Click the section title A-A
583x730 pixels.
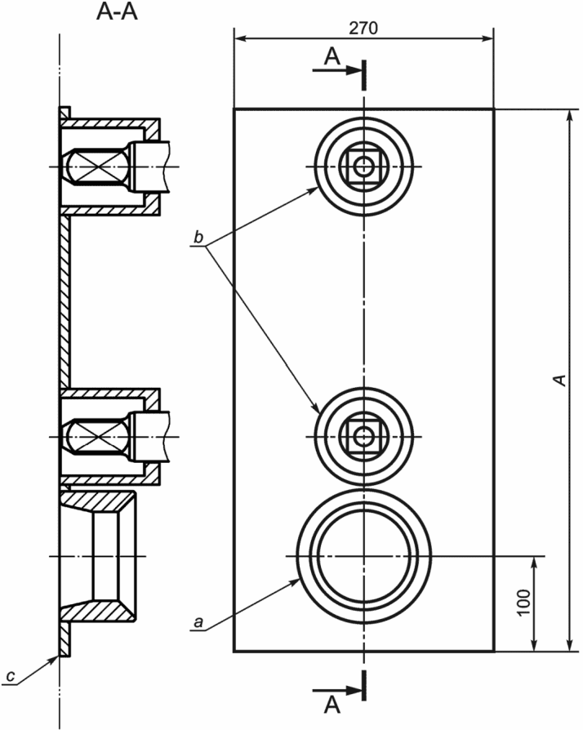coord(117,12)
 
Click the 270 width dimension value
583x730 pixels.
coord(363,29)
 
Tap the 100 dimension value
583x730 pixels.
coord(523,602)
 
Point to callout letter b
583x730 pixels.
coord(199,238)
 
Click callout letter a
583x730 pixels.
coord(199,622)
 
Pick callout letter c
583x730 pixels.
coord(11,676)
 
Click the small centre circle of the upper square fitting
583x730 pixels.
coord(363,167)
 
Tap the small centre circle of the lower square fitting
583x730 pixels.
coord(363,437)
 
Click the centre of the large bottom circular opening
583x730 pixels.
coord(363,556)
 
